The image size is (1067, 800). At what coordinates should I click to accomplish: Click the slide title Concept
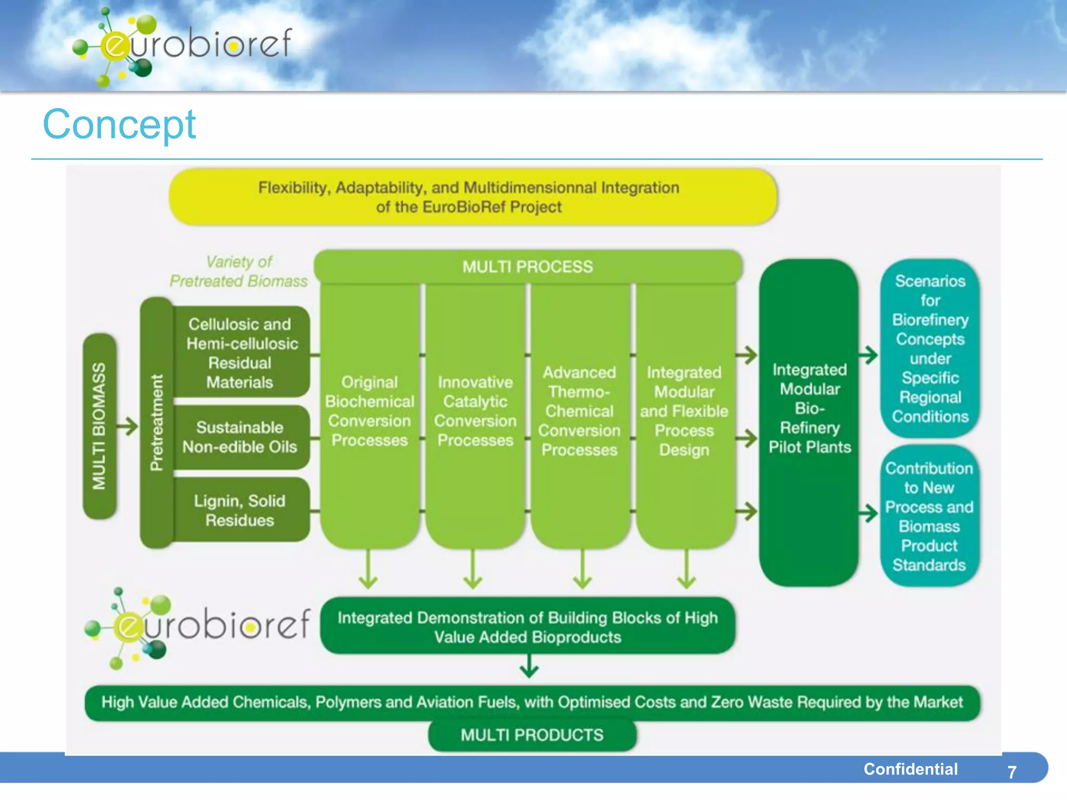coord(119,125)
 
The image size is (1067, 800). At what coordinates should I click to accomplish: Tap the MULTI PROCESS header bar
coord(527,267)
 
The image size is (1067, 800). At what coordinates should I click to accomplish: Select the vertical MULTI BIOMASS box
coord(99,426)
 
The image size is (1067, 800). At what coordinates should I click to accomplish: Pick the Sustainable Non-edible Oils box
coord(240,437)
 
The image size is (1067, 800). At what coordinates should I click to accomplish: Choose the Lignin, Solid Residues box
coord(240,510)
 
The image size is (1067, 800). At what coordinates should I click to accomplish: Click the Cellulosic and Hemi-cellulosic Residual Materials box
coord(240,353)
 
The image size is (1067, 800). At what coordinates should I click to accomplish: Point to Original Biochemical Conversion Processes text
coord(369,411)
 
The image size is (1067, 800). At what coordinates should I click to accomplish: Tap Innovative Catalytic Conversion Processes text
coord(475,411)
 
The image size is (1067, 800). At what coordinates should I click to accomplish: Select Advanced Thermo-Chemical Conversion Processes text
coord(579,411)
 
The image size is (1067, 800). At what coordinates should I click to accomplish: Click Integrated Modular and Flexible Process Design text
coord(684,411)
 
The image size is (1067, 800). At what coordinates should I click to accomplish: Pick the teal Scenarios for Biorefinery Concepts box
coord(930,348)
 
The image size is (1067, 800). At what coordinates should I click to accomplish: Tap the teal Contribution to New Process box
coord(929,516)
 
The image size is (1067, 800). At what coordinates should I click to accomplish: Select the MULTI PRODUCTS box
coord(532,735)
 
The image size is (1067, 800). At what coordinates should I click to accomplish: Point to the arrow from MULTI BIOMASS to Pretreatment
coord(127,426)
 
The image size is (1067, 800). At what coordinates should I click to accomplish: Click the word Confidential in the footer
coord(910,769)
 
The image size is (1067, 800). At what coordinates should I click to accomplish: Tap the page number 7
coord(1011,772)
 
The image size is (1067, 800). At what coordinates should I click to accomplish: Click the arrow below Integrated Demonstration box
coord(529,666)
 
